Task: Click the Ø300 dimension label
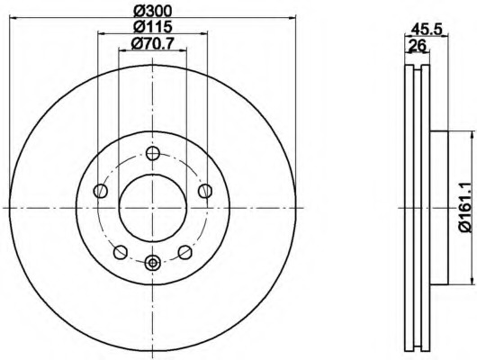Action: [x=153, y=12]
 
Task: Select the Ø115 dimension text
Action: [x=153, y=27]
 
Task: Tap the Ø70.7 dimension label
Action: [x=152, y=44]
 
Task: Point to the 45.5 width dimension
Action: [x=427, y=30]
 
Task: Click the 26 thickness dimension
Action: [x=417, y=46]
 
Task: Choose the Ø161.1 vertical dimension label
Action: [x=468, y=208]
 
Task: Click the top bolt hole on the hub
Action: [x=152, y=153]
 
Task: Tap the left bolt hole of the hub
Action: [x=101, y=191]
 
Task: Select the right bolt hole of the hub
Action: [x=204, y=191]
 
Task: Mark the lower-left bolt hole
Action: [x=121, y=252]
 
